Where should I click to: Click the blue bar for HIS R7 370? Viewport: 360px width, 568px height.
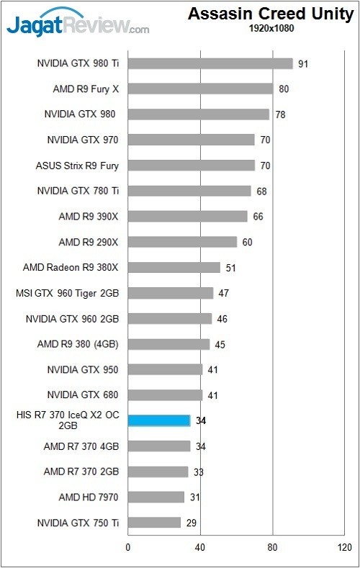159,420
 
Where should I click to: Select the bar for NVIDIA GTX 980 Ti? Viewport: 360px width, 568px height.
210,63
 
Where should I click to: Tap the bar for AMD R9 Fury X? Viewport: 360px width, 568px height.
200,89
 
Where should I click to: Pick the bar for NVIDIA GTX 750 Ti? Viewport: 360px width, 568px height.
154,522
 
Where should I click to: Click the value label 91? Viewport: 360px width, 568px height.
303,64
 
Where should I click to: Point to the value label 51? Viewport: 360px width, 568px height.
231,268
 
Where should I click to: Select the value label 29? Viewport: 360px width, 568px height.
192,523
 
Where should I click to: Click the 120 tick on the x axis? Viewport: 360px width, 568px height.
344,547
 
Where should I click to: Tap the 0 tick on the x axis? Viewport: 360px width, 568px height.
128,547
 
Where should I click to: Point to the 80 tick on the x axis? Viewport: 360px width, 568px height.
272,547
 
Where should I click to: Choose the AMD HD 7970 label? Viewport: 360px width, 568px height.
88,497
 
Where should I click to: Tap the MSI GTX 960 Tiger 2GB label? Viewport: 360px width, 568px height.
66,293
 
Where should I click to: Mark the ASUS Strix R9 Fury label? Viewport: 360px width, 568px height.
76,166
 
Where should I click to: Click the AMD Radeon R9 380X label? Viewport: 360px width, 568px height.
70,268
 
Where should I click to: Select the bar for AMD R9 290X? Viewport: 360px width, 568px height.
182,242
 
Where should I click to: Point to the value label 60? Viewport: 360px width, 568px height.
247,242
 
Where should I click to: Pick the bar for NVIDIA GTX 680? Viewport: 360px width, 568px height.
165,395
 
